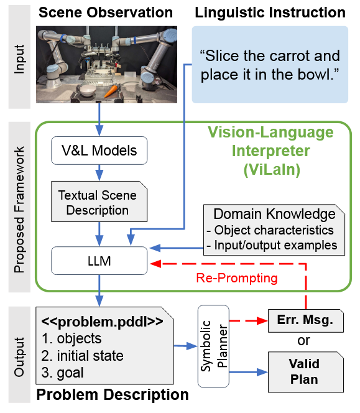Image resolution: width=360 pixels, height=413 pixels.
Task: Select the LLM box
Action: (98, 261)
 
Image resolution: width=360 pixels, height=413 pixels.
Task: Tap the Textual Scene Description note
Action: (97, 202)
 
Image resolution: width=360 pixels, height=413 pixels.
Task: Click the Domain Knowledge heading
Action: (274, 215)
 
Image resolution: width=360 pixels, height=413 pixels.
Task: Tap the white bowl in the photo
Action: (89, 90)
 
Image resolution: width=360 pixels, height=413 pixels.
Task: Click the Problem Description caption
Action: (113, 395)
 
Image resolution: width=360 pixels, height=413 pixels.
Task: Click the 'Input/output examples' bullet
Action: (274, 244)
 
